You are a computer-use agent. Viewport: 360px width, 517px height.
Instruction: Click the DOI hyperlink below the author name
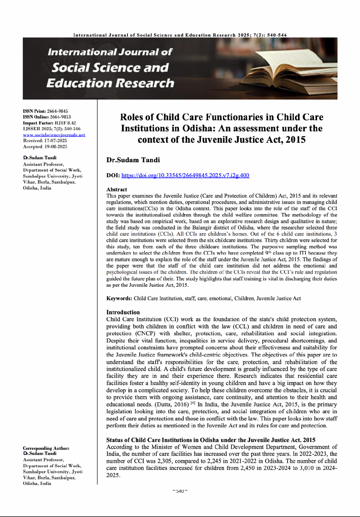click(185, 175)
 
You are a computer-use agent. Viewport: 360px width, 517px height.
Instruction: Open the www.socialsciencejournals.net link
click(54, 135)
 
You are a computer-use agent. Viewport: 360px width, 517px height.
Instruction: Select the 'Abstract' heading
click(117, 190)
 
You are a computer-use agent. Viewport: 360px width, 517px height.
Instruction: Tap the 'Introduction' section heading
click(123, 312)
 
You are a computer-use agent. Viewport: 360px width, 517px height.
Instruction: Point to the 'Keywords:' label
click(119, 298)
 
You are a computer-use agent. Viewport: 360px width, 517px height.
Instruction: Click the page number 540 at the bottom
click(180, 491)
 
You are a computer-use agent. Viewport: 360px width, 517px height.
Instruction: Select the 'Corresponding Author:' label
click(46, 448)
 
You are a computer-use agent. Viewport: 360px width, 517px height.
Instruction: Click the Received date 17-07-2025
click(55, 141)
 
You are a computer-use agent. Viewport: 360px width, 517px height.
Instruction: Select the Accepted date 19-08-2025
click(55, 147)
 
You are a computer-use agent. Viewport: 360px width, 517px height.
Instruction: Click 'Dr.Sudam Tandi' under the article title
click(133, 160)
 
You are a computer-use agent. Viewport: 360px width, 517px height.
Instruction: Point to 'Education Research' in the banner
click(110, 83)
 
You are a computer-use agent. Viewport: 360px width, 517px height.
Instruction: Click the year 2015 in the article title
click(295, 140)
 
